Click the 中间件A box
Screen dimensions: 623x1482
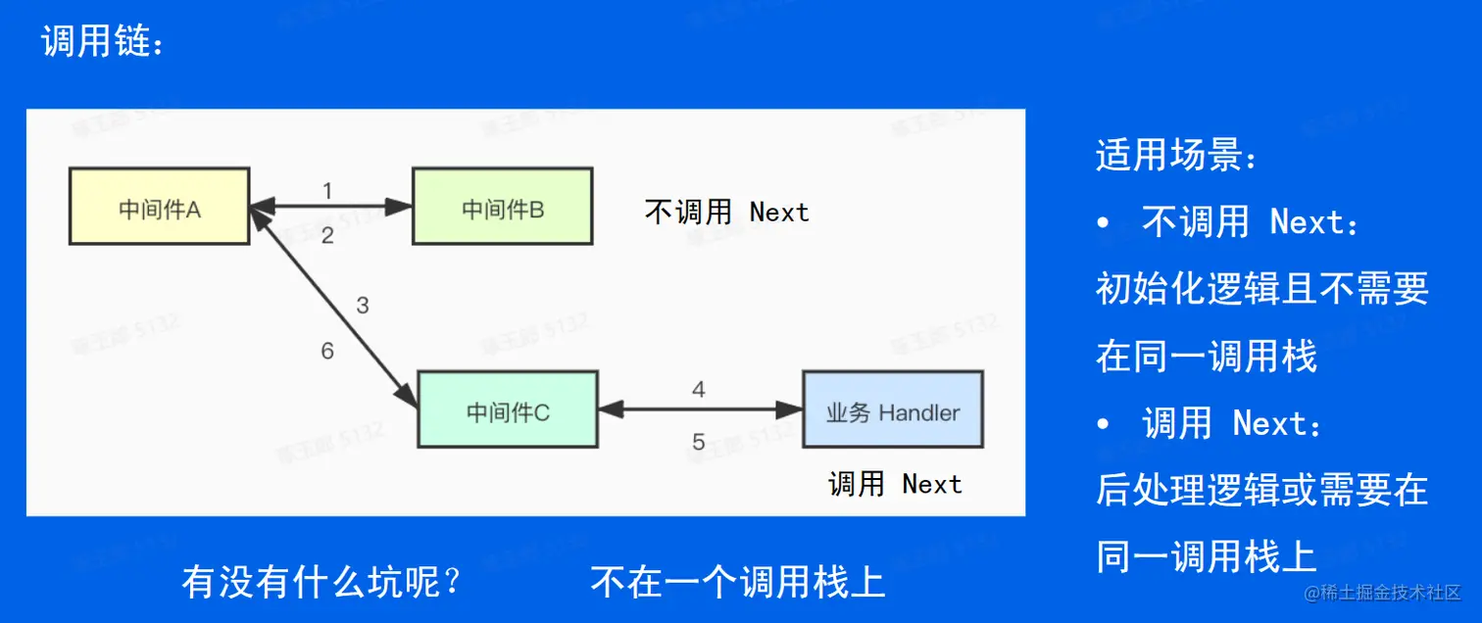point(159,207)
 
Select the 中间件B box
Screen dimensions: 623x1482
point(502,207)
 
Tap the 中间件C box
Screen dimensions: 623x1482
point(508,409)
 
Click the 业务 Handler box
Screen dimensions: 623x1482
point(892,409)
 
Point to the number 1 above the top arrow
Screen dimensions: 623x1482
point(327,190)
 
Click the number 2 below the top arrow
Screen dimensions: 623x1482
point(327,235)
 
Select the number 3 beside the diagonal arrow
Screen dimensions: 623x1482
point(363,306)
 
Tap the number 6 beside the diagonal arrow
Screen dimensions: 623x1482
point(327,351)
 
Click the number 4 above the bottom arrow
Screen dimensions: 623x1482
point(699,390)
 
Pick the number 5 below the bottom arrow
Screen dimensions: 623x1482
point(699,442)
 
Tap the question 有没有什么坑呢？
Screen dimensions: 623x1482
point(321,583)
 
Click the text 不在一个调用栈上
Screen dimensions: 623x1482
point(738,583)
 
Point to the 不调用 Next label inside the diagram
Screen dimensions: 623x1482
point(726,213)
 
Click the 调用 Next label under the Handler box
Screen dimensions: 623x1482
point(895,484)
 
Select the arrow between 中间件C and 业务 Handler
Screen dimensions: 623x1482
point(699,409)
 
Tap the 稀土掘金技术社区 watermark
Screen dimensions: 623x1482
point(1381,593)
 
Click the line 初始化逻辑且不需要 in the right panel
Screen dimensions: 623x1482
point(1261,289)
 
